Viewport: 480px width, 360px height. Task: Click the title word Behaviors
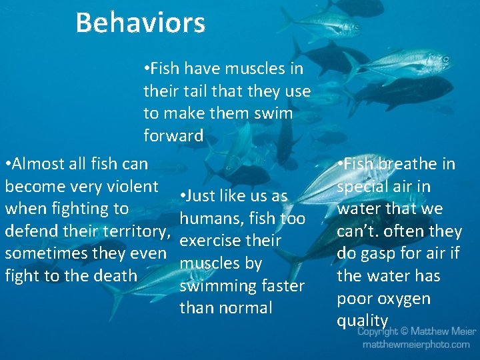click(140, 23)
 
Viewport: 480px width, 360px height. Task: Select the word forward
click(173, 136)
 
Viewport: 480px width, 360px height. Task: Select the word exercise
click(211, 241)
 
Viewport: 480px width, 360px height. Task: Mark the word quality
click(362, 321)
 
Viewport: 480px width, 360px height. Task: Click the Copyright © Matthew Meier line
click(417, 331)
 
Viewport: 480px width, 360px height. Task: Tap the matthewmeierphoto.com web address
click(416, 345)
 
